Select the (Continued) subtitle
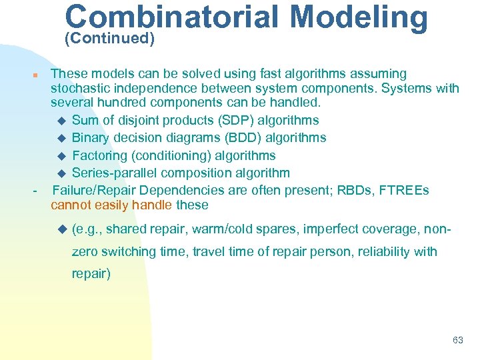point(109,39)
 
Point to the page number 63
point(457,340)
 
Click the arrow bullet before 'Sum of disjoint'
point(62,121)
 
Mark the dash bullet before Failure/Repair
point(35,192)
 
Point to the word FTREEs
point(405,191)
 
